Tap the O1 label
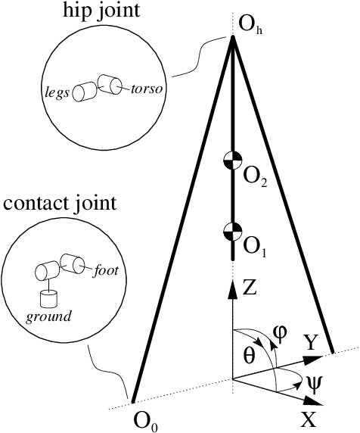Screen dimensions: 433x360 click(254, 246)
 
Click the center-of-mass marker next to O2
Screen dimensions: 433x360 click(232, 160)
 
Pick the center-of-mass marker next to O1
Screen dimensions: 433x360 click(232, 231)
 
